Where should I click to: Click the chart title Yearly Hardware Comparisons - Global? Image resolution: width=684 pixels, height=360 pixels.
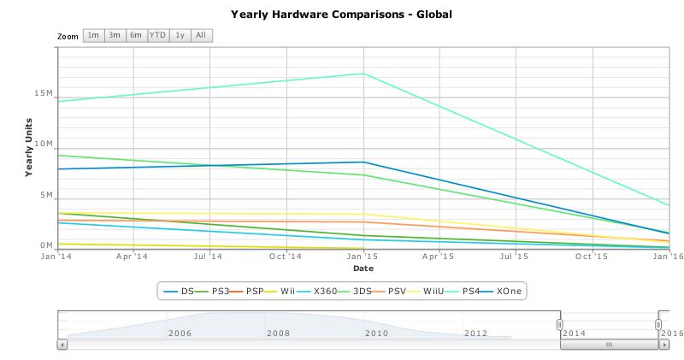341,15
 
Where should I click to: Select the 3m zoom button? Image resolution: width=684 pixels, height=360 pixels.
115,35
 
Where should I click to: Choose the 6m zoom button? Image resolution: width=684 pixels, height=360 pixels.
136,35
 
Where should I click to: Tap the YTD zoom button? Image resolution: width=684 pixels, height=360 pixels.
158,35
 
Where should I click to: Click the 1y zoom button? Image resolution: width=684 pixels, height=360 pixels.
180,35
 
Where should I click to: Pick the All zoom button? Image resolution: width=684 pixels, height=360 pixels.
201,35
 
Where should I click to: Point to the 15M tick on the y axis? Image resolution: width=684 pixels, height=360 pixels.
43,93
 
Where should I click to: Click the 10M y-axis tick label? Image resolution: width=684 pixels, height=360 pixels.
43,144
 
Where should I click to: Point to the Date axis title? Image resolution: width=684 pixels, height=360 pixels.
363,269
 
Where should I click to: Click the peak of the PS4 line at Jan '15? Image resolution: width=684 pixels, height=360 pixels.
363,74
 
